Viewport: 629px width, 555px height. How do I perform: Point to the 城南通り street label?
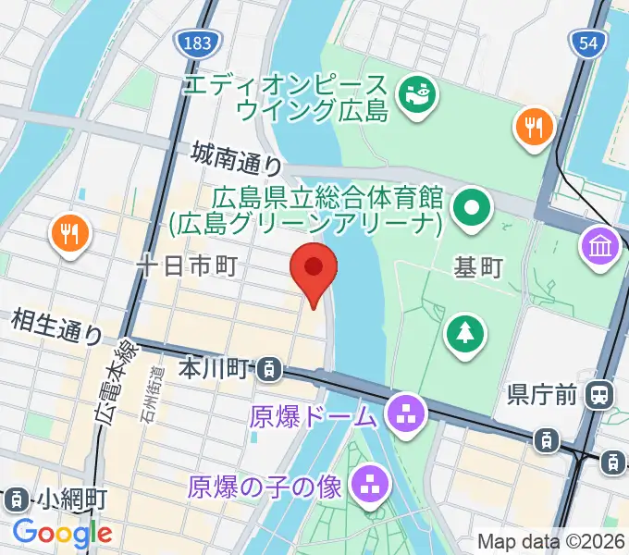237,158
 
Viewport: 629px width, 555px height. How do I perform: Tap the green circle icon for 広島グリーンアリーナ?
473,208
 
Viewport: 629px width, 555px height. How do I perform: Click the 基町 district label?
478,267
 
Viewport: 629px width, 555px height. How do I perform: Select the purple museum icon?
600,247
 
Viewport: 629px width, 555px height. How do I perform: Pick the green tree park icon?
465,334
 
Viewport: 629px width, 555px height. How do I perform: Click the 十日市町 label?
187,266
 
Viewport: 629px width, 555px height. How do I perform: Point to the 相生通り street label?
56,327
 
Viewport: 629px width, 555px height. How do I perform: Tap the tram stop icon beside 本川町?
268,370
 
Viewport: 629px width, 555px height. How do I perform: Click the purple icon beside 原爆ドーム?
404,410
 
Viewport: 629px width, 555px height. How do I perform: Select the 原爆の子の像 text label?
266,484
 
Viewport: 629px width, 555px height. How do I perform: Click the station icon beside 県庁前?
599,396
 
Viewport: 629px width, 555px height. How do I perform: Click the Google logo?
62,533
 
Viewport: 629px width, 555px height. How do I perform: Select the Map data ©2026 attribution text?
551,542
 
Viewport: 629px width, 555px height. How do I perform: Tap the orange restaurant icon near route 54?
534,126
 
